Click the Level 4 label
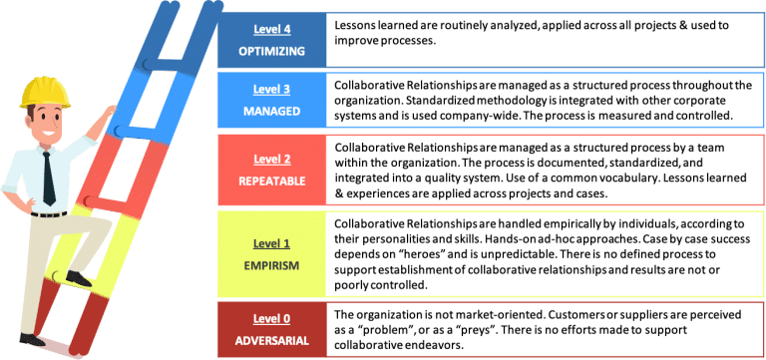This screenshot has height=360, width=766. tap(272, 28)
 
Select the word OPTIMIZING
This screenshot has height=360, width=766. tap(272, 49)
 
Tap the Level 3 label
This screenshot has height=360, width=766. tap(272, 89)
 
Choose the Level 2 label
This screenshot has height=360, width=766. tap(272, 158)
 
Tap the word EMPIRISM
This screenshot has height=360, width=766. tap(272, 265)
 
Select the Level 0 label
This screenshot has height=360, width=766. tap(272, 318)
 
